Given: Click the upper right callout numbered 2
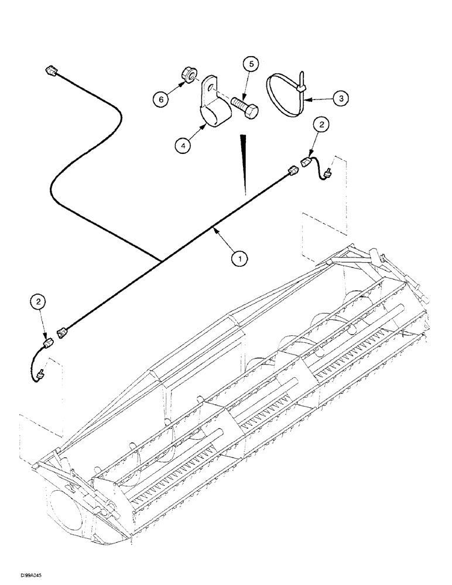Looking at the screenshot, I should click(x=321, y=125).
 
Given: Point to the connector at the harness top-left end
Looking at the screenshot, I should click(x=49, y=71).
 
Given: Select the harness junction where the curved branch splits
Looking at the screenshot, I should click(x=159, y=258).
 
